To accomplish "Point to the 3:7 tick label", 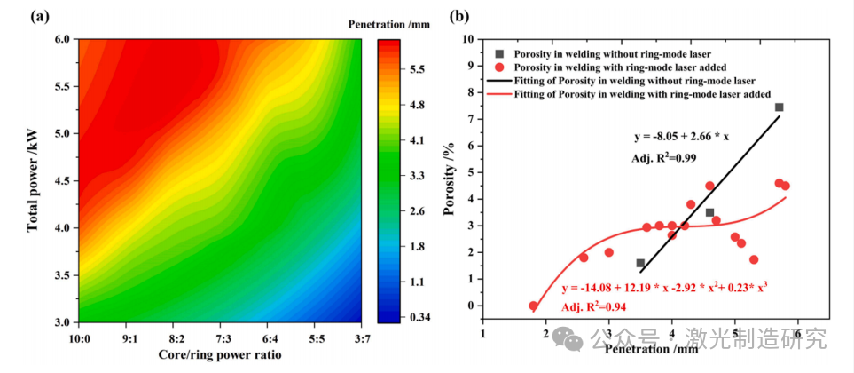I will (x=360, y=338).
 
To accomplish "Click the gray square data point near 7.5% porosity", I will (x=779, y=107).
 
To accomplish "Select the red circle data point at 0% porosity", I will (x=533, y=306).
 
